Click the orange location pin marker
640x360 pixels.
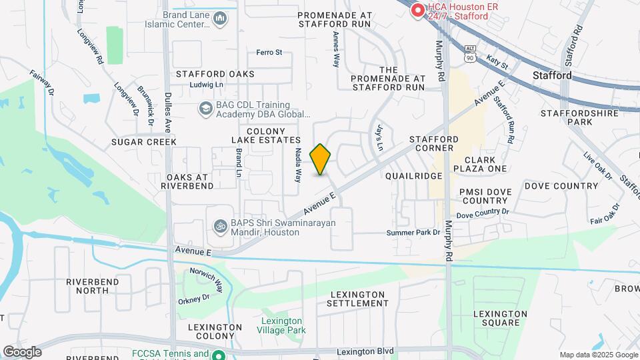pos(321,159)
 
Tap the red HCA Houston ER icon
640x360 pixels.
pos(418,11)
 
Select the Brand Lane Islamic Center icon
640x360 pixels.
pos(220,20)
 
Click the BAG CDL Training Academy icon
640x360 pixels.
pos(206,108)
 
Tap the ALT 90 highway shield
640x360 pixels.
pos(470,53)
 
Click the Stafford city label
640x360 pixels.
pos(552,76)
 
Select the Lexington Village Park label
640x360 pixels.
pos(282,325)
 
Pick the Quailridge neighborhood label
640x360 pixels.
pos(414,175)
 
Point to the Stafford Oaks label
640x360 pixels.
pos(215,74)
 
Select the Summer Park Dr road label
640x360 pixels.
pos(414,233)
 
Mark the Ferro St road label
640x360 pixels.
pos(269,52)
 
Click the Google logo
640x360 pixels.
pos(22,351)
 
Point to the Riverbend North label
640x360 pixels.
pos(92,286)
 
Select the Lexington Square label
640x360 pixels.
pos(496,318)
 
